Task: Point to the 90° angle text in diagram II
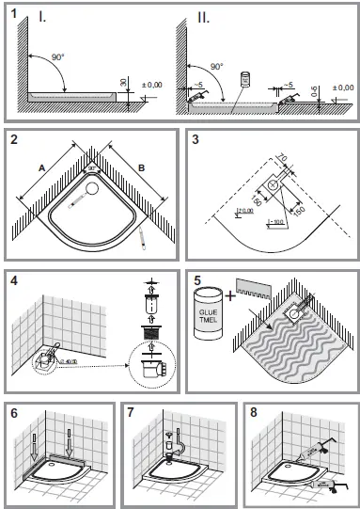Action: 217,67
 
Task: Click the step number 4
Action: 15,280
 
